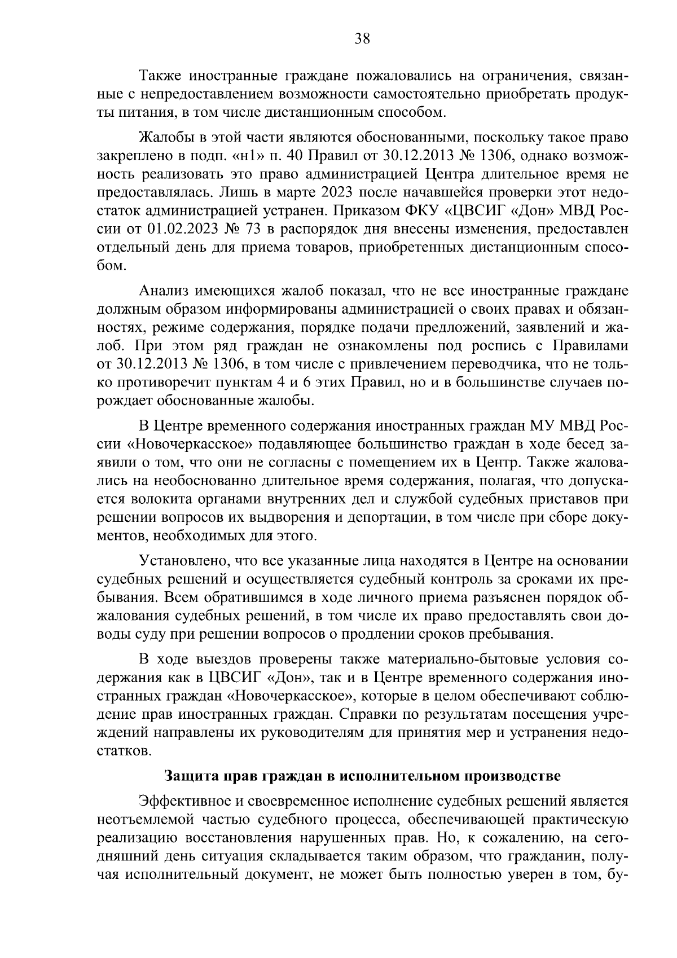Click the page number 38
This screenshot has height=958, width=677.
(x=362, y=39)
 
